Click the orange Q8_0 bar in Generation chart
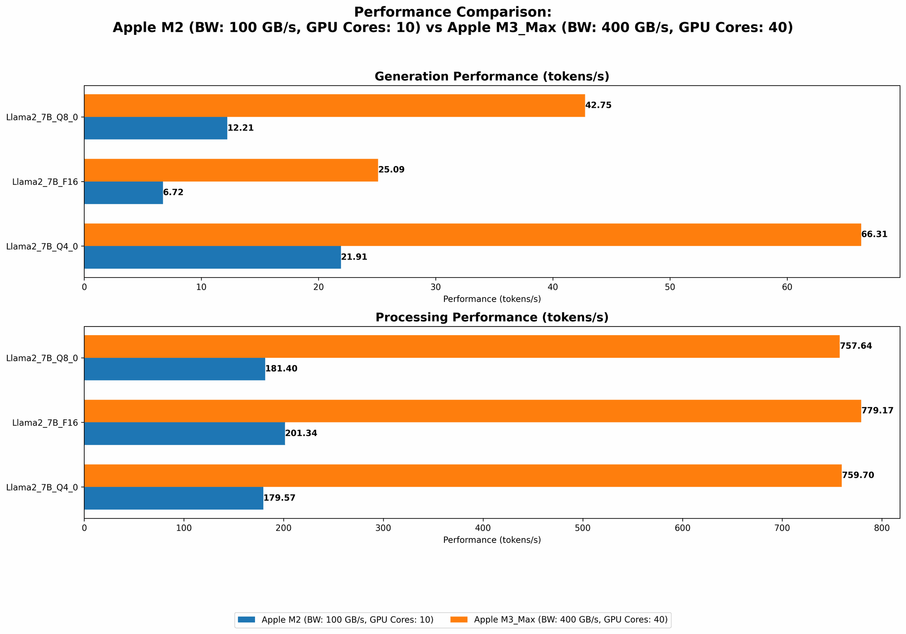[334, 106]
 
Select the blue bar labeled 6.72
[123, 193]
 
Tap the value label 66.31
[874, 235]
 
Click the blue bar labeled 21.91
[212, 257]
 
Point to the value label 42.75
[598, 106]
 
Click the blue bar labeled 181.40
[174, 369]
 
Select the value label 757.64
[855, 346]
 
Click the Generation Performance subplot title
[492, 77]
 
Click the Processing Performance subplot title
[492, 317]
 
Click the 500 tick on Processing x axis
[583, 528]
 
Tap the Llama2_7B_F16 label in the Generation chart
[45, 182]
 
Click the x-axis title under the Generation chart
[492, 299]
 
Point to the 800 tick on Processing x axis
[882, 528]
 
